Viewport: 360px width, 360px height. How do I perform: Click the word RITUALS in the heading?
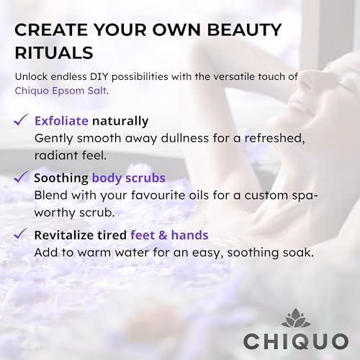pos(54,53)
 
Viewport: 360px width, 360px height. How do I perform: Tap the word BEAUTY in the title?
pos(244,30)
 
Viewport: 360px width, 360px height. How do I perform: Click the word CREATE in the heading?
pos(51,30)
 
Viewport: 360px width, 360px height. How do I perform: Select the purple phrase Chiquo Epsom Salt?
pos(60,91)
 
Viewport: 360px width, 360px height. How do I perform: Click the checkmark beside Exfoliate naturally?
pos(21,120)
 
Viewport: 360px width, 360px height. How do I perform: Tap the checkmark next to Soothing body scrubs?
pos(21,176)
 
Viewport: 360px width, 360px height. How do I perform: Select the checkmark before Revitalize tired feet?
pos(21,233)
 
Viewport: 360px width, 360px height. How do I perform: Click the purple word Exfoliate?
pos(61,121)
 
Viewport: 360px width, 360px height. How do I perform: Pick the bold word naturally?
pos(120,122)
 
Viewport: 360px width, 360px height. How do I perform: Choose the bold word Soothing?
pos(61,179)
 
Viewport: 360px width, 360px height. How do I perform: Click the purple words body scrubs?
pos(129,179)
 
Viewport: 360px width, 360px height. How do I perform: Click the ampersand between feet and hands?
pos(163,235)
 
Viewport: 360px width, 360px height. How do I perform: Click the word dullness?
pos(185,138)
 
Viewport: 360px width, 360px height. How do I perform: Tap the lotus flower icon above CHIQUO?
pos(296,318)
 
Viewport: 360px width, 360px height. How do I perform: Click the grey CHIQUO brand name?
pos(296,341)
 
